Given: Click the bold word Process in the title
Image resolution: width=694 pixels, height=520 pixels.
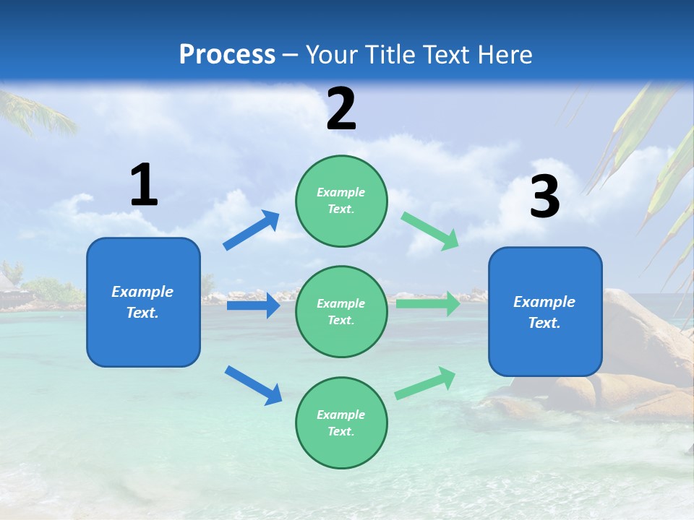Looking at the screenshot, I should point(227,54).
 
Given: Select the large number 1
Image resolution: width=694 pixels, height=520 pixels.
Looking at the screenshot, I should point(144,185).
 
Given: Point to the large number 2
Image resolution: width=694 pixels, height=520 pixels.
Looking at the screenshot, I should point(341,109).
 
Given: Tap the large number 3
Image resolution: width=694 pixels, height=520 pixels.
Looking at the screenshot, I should point(544,196).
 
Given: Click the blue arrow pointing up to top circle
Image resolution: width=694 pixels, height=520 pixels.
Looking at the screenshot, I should point(252,230).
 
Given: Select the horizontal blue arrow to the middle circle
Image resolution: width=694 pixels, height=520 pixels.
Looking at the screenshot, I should point(253,305).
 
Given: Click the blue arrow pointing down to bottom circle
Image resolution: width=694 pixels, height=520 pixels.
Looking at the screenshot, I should point(253,385).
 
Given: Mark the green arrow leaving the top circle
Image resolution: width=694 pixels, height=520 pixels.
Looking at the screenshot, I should point(430,231).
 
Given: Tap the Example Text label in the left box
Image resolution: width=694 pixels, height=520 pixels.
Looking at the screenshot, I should point(142,302).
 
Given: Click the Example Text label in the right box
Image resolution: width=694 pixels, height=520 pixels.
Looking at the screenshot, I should point(544,312).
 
